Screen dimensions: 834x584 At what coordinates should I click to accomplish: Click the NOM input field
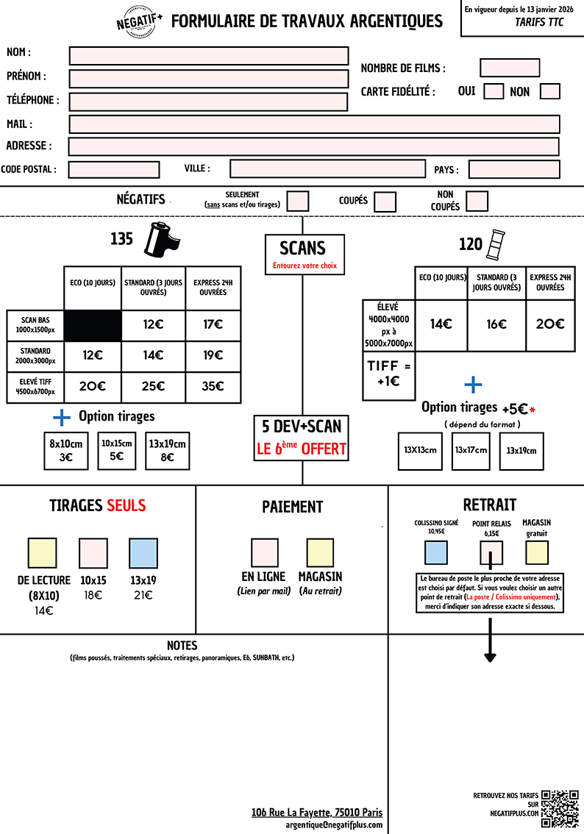pyautogui.click(x=208, y=56)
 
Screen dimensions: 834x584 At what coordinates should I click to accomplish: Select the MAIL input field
pyautogui.click(x=314, y=124)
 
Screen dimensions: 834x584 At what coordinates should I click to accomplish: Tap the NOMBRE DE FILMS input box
pyautogui.click(x=510, y=68)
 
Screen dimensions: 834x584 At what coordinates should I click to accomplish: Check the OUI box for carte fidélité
pyautogui.click(x=494, y=91)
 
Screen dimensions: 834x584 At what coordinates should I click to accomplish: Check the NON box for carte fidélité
pyautogui.click(x=549, y=91)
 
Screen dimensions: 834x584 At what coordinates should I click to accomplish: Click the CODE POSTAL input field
pyautogui.click(x=114, y=169)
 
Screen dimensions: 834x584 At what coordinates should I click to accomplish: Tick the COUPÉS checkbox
pyautogui.click(x=385, y=201)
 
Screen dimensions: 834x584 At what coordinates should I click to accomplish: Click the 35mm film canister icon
pyautogui.click(x=161, y=240)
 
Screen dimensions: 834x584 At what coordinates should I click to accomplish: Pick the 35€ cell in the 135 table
pyautogui.click(x=213, y=386)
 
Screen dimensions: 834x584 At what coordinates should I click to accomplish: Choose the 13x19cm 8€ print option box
pyautogui.click(x=168, y=451)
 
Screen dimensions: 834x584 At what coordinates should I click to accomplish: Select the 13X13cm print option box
pyautogui.click(x=420, y=451)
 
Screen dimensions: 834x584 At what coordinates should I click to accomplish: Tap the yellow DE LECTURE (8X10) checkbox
pyautogui.click(x=42, y=553)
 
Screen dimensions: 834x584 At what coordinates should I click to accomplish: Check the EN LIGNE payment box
pyautogui.click(x=265, y=552)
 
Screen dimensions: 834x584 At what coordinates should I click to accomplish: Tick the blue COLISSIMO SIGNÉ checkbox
pyautogui.click(x=436, y=552)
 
